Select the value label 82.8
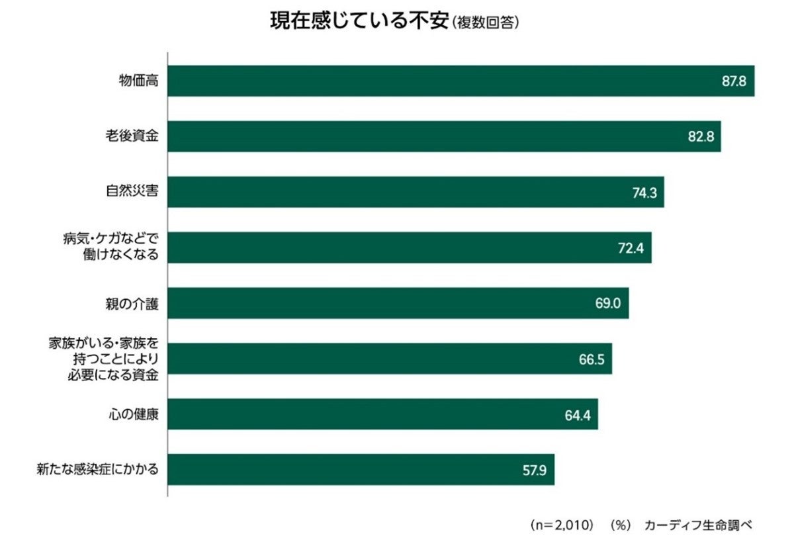point(700,137)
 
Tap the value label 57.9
point(533,470)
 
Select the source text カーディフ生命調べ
point(697,525)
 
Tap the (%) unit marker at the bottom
point(619,525)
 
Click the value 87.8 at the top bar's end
point(734,81)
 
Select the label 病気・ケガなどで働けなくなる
point(116,247)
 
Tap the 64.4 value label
point(577,414)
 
